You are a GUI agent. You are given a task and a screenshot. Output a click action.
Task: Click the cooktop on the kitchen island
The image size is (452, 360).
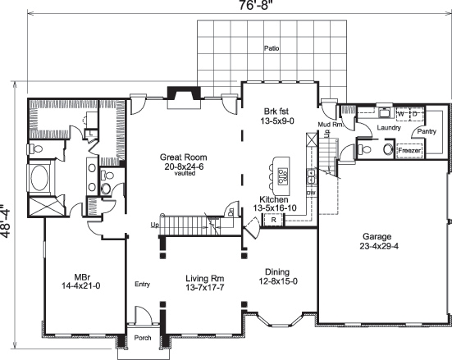(x=282, y=174)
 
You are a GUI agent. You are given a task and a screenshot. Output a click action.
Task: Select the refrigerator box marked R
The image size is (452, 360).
(x=296, y=219)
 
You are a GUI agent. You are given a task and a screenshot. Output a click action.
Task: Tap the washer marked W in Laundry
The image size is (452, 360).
(x=401, y=113)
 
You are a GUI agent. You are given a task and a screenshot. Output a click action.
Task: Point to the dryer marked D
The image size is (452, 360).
(x=417, y=113)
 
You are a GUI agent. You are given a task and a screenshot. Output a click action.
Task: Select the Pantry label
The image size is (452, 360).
(x=426, y=132)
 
